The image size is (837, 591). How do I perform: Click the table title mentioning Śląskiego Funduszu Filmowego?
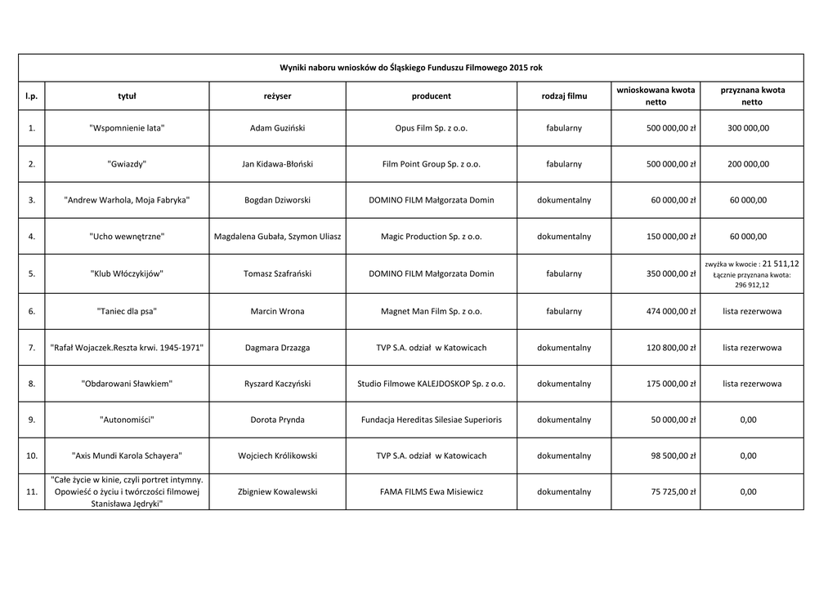[x=410, y=68]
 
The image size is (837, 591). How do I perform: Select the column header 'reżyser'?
[x=277, y=96]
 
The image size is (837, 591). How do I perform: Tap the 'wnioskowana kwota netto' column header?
[x=656, y=96]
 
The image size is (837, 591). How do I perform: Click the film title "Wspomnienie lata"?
[x=127, y=128]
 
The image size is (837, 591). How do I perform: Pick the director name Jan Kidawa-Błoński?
[x=277, y=164]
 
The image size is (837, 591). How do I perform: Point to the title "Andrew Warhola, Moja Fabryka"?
[x=127, y=200]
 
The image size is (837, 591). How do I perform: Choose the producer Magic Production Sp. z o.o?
[x=432, y=237]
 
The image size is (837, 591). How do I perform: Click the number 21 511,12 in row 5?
[x=781, y=264]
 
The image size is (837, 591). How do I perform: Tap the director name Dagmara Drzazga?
[x=277, y=348]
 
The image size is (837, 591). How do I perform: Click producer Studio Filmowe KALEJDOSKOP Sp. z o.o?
[x=432, y=384]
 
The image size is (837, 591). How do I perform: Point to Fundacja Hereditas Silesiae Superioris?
[x=432, y=420]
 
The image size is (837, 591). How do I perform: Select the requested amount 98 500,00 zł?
[x=673, y=455]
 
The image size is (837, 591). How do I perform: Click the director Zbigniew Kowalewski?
[x=277, y=492]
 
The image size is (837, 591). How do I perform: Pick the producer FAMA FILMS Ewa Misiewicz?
[x=432, y=492]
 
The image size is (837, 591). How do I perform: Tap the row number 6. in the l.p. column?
[x=31, y=311]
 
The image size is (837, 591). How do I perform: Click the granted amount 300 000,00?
[x=748, y=128]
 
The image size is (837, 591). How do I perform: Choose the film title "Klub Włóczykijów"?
[x=127, y=273]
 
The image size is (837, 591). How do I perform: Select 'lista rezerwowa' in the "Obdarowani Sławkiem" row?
[x=751, y=384]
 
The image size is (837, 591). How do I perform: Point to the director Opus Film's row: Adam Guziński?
[x=277, y=128]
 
